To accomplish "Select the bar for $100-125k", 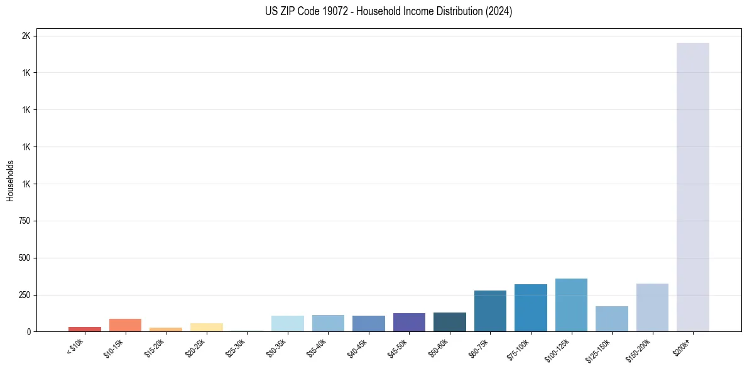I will pos(571,305).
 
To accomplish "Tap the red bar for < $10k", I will pos(85,329).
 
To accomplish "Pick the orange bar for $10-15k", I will pos(125,325).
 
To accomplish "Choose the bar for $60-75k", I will pos(490,311).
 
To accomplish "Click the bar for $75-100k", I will pos(530,308).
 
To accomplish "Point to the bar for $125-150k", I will pos(611,319).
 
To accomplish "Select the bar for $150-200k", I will pos(652,307).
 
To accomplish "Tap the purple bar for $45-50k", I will pos(409,322).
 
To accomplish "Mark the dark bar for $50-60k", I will pos(449,322).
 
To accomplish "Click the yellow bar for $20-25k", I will pos(206,327).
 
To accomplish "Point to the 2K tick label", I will pos(26,36).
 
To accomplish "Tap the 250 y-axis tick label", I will pos(23,295).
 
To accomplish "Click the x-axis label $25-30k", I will pos(236,348).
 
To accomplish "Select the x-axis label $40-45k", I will pos(357,348).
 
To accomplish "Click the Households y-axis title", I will pos(10,181).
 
